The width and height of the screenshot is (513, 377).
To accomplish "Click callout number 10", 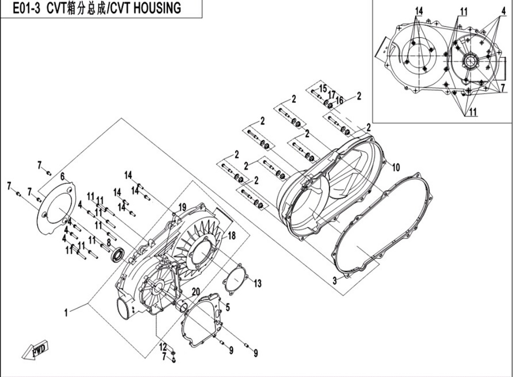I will click(395, 167).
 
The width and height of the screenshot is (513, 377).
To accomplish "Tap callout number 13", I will click(258, 283).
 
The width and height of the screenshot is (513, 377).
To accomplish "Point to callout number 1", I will click(66, 313).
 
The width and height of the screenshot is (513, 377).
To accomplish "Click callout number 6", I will click(63, 177).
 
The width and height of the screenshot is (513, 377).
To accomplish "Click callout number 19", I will click(182, 207).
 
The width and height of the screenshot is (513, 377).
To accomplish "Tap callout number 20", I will click(195, 291).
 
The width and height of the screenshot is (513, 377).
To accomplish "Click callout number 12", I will click(163, 346).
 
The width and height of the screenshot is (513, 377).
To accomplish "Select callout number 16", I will click(340, 101).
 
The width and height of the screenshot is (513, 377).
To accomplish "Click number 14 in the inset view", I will click(419, 11).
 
